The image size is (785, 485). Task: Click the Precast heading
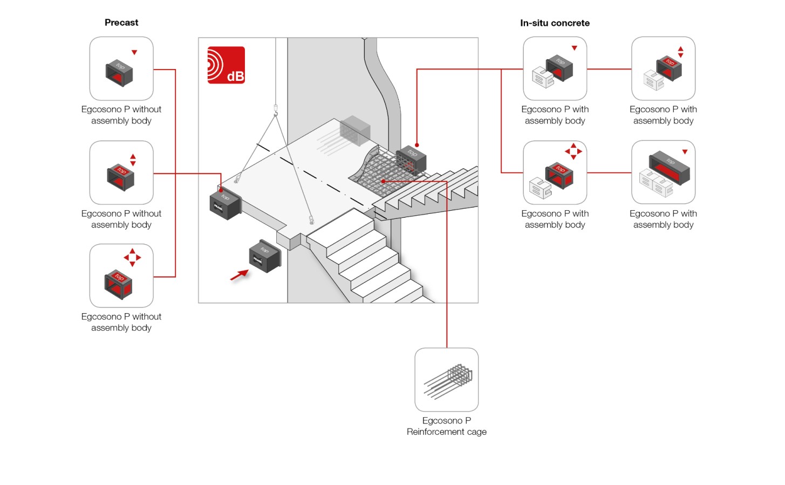click(121, 23)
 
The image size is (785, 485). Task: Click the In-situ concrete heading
click(555, 23)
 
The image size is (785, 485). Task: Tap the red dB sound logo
click(226, 65)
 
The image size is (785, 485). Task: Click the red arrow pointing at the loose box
click(239, 275)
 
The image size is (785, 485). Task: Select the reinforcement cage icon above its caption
click(448, 381)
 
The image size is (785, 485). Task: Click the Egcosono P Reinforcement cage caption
click(447, 426)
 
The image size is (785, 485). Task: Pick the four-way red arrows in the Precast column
click(132, 258)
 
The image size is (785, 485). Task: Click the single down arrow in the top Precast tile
click(134, 52)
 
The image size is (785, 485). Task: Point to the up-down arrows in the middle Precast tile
click(133, 160)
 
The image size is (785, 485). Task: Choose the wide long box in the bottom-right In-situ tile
click(670, 167)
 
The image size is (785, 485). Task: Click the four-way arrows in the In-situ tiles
click(574, 151)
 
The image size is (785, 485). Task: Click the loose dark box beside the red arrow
click(265, 256)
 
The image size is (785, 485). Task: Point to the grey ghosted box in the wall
click(354, 130)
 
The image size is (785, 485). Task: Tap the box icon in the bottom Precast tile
click(118, 285)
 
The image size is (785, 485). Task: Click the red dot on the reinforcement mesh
click(383, 182)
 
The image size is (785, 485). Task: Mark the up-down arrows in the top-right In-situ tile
click(680, 52)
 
